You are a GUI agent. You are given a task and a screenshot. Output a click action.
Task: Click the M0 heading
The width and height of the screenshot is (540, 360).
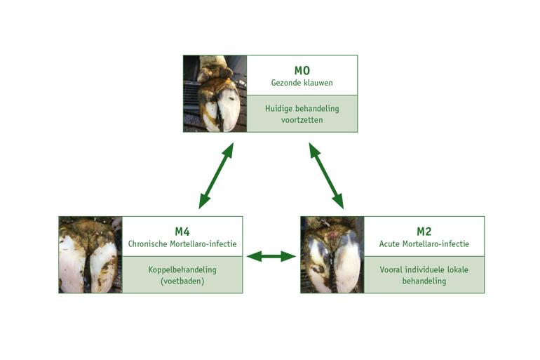302,70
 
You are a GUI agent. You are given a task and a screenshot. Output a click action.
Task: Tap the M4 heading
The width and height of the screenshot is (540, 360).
182,232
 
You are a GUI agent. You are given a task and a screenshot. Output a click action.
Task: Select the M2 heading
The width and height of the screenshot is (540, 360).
424,232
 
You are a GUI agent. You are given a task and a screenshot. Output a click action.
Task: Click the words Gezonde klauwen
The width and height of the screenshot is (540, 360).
302,83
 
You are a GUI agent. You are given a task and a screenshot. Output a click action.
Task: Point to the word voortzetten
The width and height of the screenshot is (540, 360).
302,120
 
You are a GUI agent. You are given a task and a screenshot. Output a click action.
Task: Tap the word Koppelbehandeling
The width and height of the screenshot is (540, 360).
182,269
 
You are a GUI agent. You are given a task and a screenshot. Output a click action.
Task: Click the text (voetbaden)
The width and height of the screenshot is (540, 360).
182,281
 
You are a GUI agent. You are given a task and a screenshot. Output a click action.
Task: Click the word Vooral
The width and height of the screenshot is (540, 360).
391,269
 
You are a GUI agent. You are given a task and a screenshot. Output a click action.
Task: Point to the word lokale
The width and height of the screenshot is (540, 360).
457,269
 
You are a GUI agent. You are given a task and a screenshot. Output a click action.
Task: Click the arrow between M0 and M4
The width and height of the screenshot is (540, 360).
216,175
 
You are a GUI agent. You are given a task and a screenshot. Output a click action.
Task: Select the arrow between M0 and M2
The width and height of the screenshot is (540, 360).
326,175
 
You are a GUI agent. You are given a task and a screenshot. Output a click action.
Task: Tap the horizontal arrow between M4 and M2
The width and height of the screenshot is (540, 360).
271,256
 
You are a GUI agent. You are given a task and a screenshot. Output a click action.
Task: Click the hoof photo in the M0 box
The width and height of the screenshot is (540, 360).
215,94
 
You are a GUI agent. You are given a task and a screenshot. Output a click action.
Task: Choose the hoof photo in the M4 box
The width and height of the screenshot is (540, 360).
90,255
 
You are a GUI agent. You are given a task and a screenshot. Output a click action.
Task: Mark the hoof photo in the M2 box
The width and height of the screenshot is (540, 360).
332,255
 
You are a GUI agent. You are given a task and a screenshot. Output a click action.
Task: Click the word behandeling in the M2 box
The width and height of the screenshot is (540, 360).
424,281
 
